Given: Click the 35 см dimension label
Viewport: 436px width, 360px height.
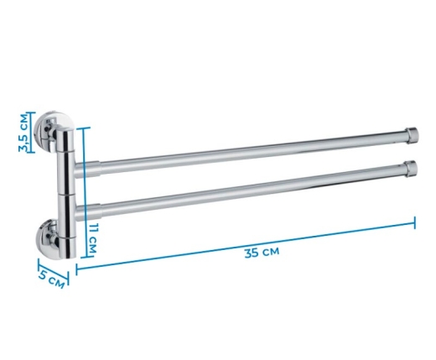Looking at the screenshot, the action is click(262, 253).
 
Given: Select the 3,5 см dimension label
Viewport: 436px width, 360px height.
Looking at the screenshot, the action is click(24, 133).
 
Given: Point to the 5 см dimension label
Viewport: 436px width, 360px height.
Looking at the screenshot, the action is click(52, 279).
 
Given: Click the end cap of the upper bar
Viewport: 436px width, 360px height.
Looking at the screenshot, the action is click(412, 135).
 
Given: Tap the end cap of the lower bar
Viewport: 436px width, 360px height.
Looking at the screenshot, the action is click(411, 169).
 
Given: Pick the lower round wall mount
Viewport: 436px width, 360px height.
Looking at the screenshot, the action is click(48, 238).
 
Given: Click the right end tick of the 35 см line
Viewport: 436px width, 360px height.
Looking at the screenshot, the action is click(414, 222).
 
